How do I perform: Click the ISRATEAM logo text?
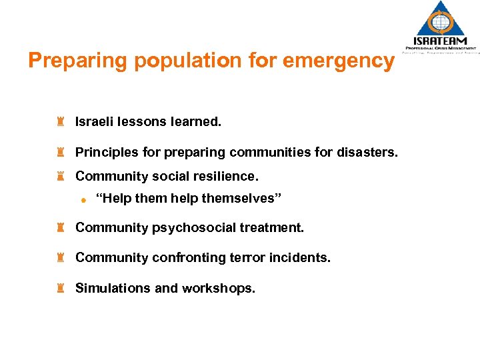point(441,40)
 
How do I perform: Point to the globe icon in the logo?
point(441,21)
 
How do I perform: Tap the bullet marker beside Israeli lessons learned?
point(60,122)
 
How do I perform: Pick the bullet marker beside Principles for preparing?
point(60,153)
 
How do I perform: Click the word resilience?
point(225,177)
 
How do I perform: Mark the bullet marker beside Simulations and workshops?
point(60,289)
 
